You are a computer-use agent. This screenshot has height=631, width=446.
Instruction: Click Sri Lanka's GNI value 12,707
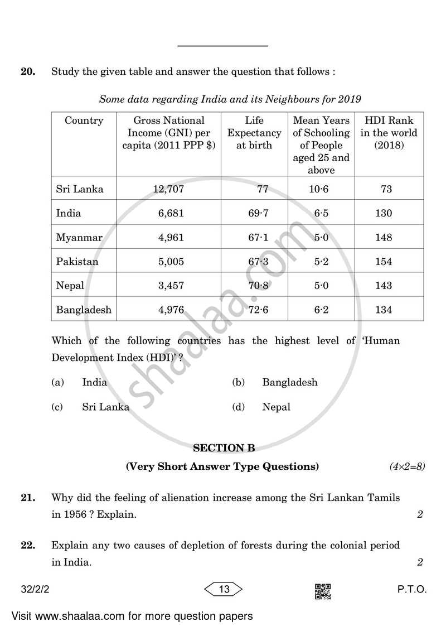(168, 189)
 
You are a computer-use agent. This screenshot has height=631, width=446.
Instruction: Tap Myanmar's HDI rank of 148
(384, 237)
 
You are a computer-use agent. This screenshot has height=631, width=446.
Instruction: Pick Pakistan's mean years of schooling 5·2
(321, 261)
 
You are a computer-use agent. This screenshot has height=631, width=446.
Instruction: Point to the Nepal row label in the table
(70, 285)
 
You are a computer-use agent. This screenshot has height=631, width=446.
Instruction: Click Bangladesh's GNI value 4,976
(171, 310)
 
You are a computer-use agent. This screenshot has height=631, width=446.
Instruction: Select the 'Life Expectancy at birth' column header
(254, 133)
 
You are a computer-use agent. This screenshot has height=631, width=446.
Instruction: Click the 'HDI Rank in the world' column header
(389, 133)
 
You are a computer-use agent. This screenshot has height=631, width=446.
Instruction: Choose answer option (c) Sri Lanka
(105, 407)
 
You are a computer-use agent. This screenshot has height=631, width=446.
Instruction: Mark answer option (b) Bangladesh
(289, 382)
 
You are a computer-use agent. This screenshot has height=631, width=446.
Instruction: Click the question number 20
(28, 72)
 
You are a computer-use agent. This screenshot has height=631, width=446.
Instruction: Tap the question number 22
(28, 545)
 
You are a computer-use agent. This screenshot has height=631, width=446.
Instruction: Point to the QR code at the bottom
(323, 591)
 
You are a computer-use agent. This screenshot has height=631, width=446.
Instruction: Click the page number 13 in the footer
(224, 589)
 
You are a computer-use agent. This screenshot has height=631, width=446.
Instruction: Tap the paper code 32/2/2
(35, 589)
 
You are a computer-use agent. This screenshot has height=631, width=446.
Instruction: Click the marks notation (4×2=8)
(406, 466)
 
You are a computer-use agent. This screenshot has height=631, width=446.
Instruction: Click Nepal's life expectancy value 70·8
(258, 285)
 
